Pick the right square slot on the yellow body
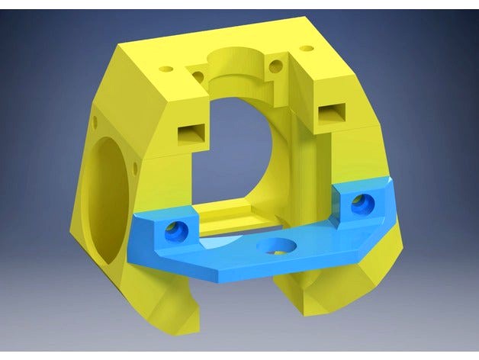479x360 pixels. point(332,112)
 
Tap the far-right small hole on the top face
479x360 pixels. point(307,49)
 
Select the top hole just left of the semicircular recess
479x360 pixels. point(200,75)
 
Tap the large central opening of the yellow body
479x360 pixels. point(244,153)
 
